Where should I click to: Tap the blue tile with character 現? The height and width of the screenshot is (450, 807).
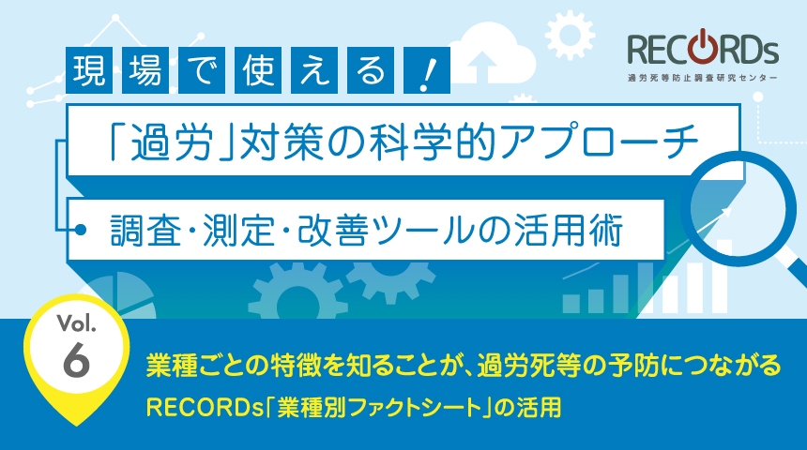(x=89, y=70)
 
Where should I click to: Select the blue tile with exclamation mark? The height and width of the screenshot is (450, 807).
(x=427, y=70)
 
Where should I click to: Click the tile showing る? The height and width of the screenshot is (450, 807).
(x=371, y=70)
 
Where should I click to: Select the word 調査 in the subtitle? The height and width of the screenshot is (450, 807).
(x=145, y=230)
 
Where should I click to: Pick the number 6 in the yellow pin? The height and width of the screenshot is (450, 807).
(x=76, y=359)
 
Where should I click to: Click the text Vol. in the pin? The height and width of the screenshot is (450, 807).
(x=77, y=323)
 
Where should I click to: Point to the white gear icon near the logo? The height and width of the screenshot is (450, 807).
(x=570, y=34)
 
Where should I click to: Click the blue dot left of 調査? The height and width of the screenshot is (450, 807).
(x=81, y=230)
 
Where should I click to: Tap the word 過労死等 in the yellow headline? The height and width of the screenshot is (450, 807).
(x=529, y=366)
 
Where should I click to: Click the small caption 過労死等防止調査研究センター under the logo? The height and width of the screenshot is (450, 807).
(x=703, y=79)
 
